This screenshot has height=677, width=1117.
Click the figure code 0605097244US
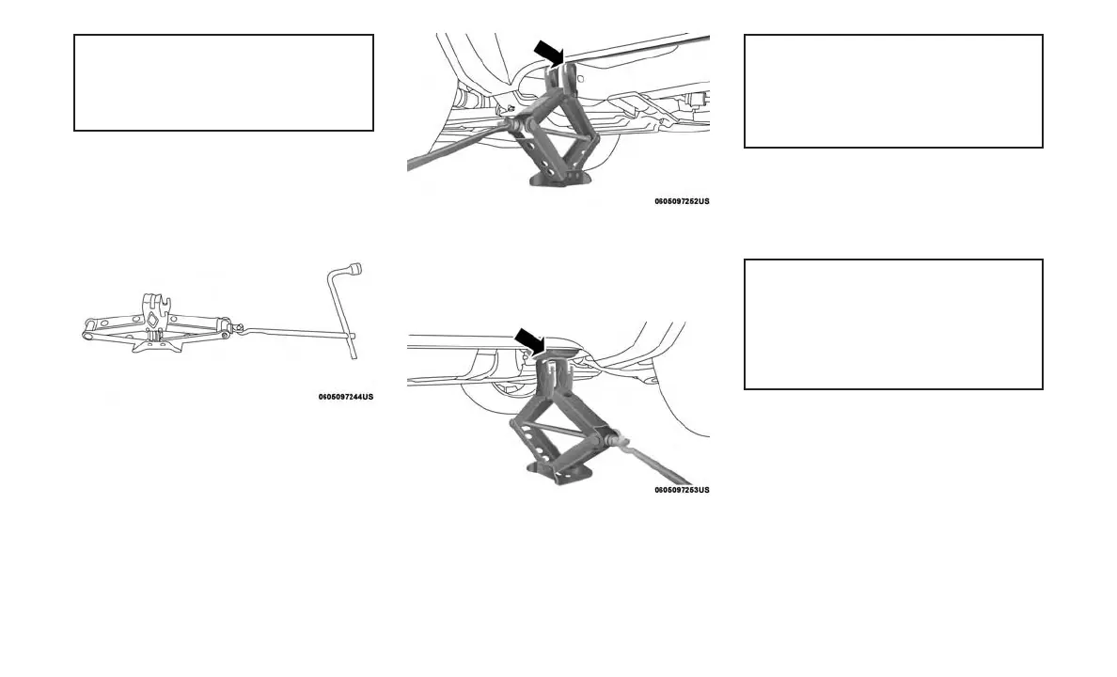[x=345, y=397]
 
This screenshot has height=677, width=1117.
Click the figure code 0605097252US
[x=682, y=201]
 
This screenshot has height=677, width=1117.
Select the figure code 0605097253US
[x=682, y=490]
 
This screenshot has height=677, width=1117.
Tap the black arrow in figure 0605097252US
[x=548, y=52]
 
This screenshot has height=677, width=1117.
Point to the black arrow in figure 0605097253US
[x=530, y=341]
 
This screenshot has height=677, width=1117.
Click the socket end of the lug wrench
[x=354, y=270]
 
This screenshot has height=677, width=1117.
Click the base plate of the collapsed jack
[x=155, y=344]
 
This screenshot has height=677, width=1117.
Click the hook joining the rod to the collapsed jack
[x=239, y=328]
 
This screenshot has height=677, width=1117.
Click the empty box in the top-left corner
[x=224, y=83]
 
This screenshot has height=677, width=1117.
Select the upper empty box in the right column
[x=893, y=91]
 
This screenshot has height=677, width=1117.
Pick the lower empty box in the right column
[x=893, y=324]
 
